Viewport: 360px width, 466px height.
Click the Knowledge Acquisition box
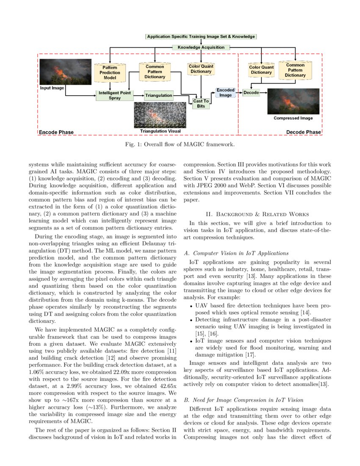201,47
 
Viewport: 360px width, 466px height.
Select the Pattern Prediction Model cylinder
110,73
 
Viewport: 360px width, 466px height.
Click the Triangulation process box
159,96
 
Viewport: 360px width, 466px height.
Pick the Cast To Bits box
201,103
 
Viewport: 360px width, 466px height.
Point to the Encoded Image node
225,93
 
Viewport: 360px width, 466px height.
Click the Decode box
251,92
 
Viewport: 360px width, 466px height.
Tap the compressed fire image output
293,101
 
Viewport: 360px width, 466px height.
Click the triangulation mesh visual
160,115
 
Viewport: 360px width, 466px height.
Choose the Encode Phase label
56,132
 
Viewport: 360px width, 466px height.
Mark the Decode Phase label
303,132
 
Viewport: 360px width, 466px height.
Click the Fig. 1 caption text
180,144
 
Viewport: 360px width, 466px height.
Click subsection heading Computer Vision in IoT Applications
236,253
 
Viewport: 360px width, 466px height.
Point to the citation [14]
305,313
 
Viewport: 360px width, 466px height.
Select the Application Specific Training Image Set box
201,36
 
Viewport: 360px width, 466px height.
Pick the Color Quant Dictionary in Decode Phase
261,70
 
